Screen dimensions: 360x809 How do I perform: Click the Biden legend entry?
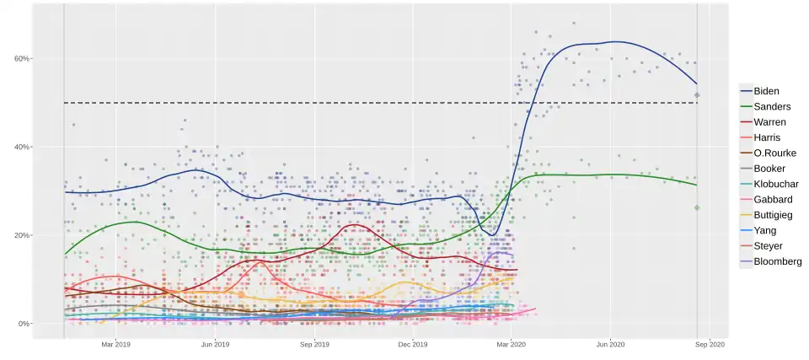point(765,91)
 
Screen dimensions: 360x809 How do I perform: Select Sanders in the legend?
point(771,107)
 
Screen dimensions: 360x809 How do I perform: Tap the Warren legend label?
point(769,122)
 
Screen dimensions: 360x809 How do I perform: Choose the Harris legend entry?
point(767,137)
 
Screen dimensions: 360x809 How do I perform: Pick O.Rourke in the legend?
point(774,153)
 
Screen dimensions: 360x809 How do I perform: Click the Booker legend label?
point(769,169)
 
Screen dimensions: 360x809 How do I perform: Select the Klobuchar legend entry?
point(775,184)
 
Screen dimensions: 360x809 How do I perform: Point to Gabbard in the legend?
point(771,200)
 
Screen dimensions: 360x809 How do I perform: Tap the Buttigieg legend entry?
point(773,215)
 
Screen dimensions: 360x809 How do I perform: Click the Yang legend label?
point(764,230)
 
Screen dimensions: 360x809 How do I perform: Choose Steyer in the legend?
point(768,246)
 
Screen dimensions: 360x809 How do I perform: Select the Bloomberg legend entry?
point(777,261)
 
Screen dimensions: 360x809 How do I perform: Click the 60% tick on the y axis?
point(22,58)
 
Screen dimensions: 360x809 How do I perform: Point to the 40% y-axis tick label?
point(22,147)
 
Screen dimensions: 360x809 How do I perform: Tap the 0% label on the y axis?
point(24,324)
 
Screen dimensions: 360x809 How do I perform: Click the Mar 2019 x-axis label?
point(115,344)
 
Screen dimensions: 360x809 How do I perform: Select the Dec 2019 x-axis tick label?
point(413,344)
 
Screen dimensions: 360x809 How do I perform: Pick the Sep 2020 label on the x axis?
point(710,344)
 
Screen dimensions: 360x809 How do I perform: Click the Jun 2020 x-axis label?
point(610,344)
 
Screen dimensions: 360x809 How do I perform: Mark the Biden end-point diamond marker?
point(697,95)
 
